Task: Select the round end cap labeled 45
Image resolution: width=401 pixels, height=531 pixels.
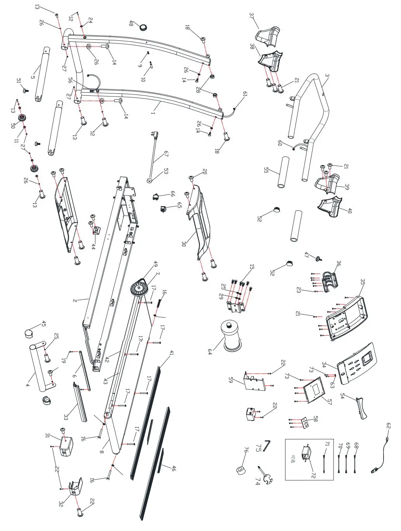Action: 29,332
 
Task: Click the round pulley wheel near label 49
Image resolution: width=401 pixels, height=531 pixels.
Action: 138,289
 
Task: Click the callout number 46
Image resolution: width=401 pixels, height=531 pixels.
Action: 174,468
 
